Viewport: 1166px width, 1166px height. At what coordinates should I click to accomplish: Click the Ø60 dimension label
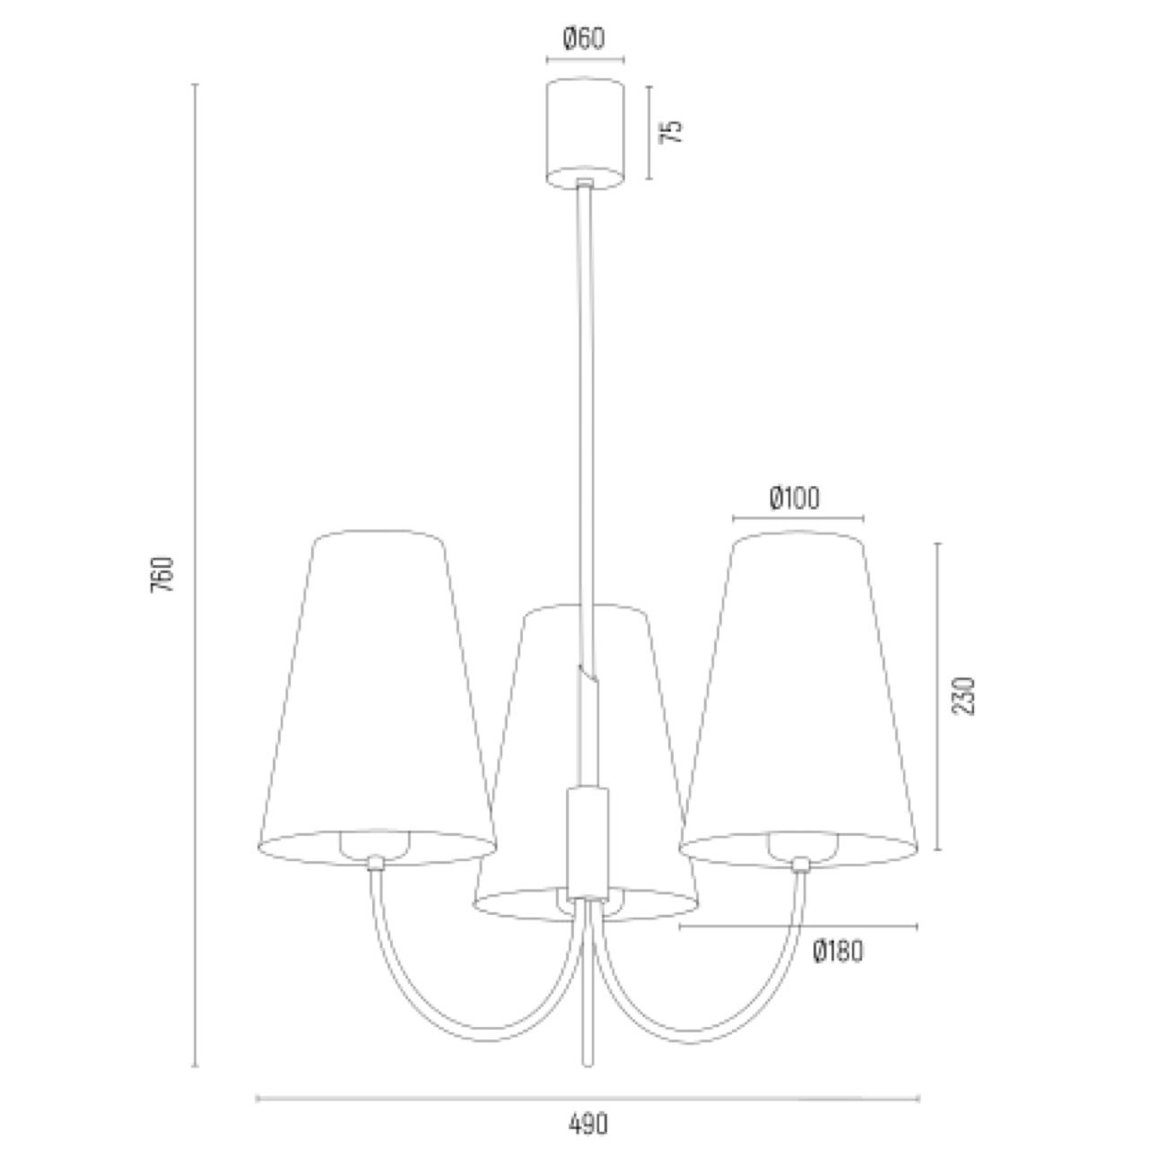click(584, 39)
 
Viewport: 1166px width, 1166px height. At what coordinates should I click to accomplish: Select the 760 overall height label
click(162, 574)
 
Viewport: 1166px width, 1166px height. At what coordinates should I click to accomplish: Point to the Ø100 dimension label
click(795, 498)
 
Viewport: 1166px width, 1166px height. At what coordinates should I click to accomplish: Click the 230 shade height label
click(964, 696)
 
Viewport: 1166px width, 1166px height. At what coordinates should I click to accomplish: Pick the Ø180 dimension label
click(838, 952)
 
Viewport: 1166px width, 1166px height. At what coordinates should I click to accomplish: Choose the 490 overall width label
click(588, 1124)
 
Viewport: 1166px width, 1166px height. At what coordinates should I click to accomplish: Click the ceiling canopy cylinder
click(585, 133)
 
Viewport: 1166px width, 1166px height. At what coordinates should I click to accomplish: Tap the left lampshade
click(377, 696)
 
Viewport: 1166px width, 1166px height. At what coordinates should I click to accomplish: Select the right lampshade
click(799, 696)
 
